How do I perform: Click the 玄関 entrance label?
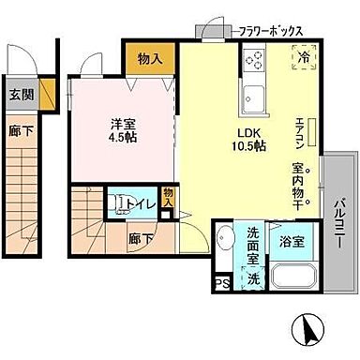point(20,94)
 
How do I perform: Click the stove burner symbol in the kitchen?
point(254,60)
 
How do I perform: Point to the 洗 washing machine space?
point(253,277)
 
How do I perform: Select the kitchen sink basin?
point(253,95)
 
